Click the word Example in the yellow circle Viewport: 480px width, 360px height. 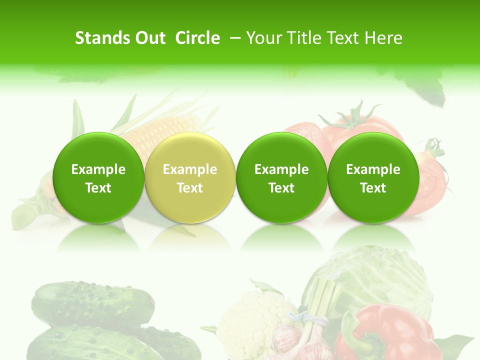click(x=190, y=169)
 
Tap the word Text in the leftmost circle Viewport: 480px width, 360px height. click(x=98, y=188)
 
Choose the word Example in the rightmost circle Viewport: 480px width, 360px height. click(x=373, y=169)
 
